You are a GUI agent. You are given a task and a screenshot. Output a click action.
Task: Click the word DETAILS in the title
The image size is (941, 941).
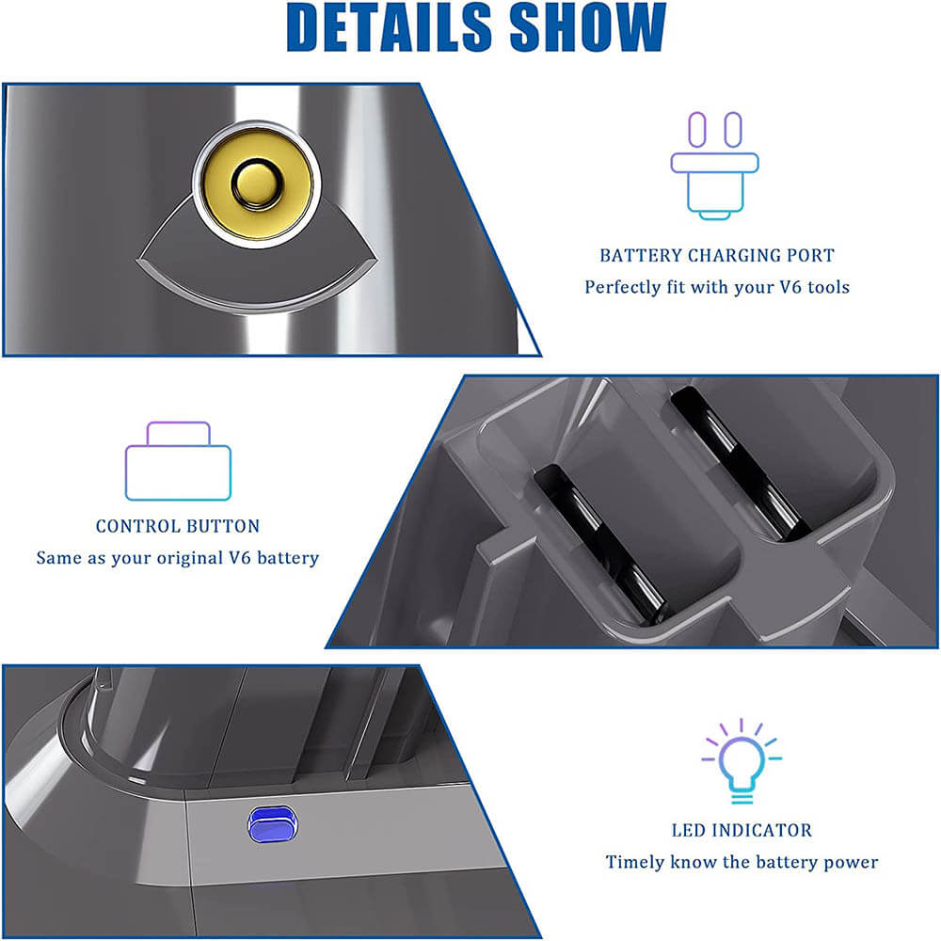point(389,27)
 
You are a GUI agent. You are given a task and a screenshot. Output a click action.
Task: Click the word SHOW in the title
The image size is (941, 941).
point(588,27)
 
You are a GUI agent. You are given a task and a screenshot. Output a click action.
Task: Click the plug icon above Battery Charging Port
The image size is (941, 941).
point(715,166)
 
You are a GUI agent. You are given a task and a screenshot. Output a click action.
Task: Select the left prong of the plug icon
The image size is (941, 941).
point(696,129)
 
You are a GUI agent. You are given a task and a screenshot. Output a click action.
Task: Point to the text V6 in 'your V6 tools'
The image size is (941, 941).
point(790,287)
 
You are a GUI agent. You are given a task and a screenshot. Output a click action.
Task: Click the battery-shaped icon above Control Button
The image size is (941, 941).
point(178,461)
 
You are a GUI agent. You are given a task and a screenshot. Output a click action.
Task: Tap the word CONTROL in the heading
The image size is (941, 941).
point(133,526)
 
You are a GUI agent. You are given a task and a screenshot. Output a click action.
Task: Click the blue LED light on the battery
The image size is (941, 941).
point(273,824)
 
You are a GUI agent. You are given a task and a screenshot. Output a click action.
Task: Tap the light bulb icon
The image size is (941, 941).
point(742,761)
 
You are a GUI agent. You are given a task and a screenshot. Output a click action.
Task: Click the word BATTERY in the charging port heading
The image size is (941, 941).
point(640,256)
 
